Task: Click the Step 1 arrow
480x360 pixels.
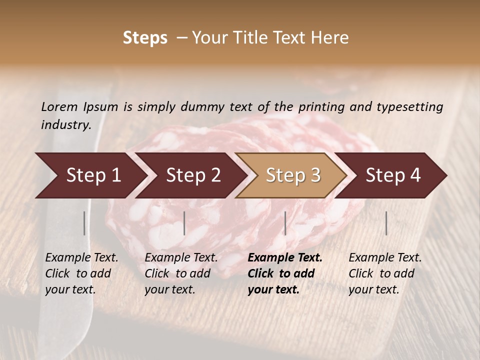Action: pos(90,175)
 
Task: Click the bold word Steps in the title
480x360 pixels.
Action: pos(145,38)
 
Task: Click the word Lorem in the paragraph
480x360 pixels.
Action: pos(59,106)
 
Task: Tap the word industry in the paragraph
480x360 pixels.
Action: pos(65,125)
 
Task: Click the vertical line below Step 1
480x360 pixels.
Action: pos(84,223)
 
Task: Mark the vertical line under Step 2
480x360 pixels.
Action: pos(184,223)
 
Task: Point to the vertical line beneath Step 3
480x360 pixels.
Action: pos(285,223)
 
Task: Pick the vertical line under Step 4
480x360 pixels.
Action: pos(386,223)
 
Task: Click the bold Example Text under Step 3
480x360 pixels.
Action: pos(285,258)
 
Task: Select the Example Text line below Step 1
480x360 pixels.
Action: pos(81,258)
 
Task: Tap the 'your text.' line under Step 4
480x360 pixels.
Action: pos(373,289)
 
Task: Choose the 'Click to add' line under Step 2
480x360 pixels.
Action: pos(177,273)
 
